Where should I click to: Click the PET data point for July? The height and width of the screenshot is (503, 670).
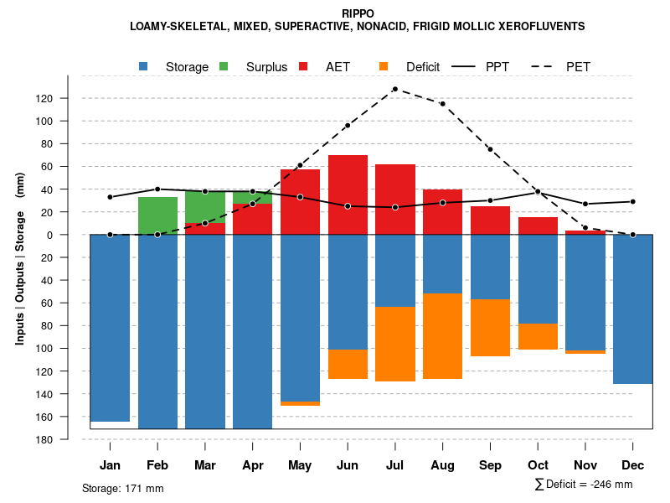click(x=394, y=89)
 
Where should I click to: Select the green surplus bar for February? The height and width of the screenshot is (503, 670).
click(x=157, y=215)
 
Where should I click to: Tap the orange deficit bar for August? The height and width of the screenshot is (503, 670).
click(x=442, y=336)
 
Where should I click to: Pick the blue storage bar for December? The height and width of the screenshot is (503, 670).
click(x=632, y=309)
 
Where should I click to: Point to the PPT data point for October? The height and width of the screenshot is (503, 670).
click(x=538, y=192)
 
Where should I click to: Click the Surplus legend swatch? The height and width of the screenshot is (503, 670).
click(x=224, y=66)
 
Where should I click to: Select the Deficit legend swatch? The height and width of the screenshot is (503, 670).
click(x=384, y=66)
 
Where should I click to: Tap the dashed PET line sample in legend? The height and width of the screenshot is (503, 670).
click(x=546, y=66)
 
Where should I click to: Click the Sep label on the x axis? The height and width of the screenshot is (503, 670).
click(x=490, y=465)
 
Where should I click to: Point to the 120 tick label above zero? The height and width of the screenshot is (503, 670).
click(x=68, y=98)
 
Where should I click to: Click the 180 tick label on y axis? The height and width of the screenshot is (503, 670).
click(x=68, y=439)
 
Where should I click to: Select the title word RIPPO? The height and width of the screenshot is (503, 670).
click(x=358, y=13)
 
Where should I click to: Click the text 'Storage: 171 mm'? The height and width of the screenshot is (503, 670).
click(x=123, y=488)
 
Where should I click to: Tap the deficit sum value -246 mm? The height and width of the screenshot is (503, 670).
click(x=611, y=485)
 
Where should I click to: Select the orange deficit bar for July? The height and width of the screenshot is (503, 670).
click(x=395, y=344)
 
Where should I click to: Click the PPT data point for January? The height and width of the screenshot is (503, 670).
click(x=110, y=197)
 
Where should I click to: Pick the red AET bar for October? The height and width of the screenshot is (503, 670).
click(x=538, y=226)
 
